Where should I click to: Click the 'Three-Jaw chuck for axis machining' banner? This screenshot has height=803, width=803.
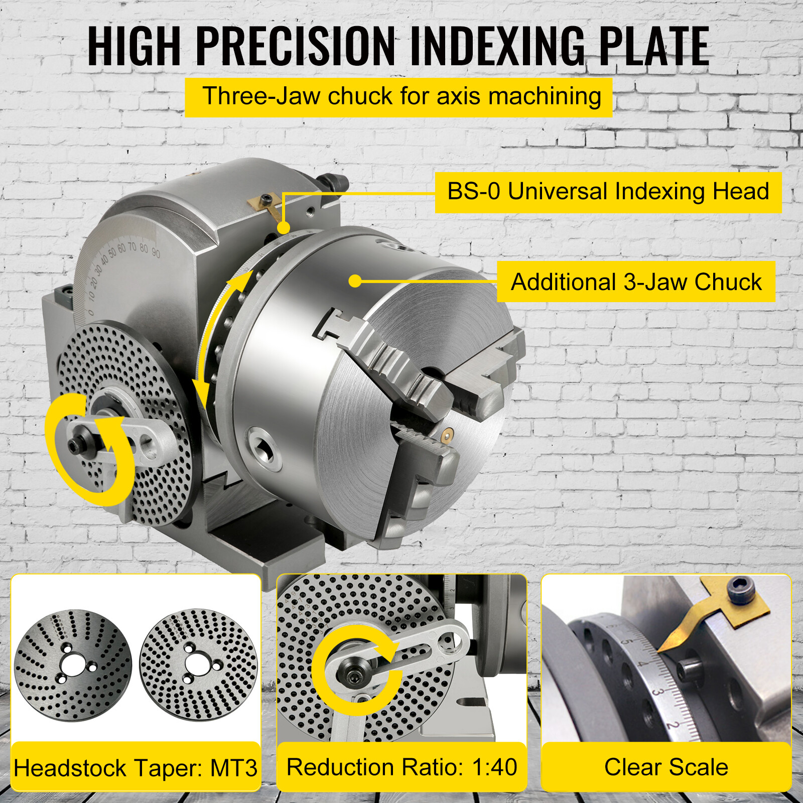tap(398, 97)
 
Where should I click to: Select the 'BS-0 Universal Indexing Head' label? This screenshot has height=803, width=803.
tap(608, 192)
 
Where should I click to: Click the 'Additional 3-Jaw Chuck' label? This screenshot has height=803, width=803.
tap(635, 282)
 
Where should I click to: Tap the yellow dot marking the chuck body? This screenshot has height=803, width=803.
tap(355, 281)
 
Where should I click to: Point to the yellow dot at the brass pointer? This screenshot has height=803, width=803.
tap(284, 228)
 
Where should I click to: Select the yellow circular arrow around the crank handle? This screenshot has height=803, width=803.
tap(88, 449)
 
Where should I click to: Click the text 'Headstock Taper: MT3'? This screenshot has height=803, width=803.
tap(136, 768)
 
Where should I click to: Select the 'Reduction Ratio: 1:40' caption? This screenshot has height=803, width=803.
tap(401, 767)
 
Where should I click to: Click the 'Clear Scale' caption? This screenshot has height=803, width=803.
tap(666, 767)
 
